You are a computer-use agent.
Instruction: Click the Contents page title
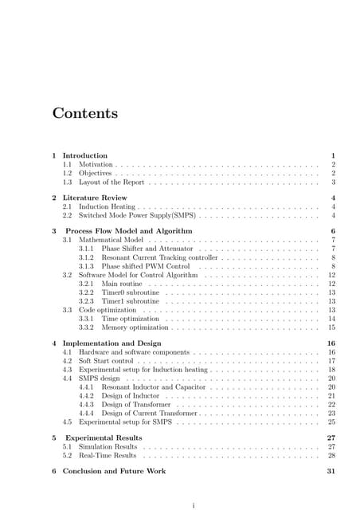coord(85,113)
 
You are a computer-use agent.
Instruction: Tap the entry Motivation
coord(96,164)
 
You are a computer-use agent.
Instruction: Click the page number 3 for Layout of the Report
coord(332,182)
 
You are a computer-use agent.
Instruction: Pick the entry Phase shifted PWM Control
coord(145,267)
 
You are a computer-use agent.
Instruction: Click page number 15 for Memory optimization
coord(331,328)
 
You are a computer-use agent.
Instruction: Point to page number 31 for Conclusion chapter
coord(331,472)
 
